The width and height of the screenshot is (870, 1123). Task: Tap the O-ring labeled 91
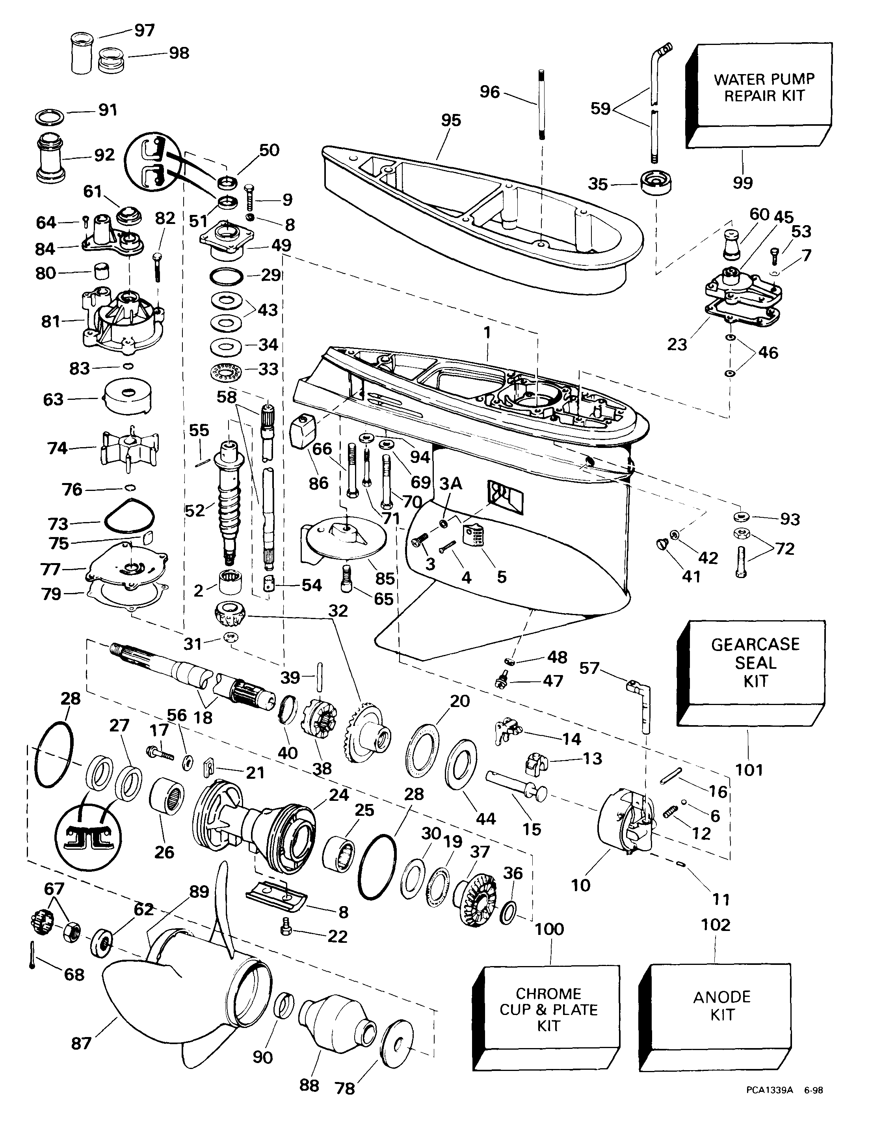click(x=50, y=116)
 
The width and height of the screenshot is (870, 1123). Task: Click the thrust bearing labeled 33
click(x=227, y=370)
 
